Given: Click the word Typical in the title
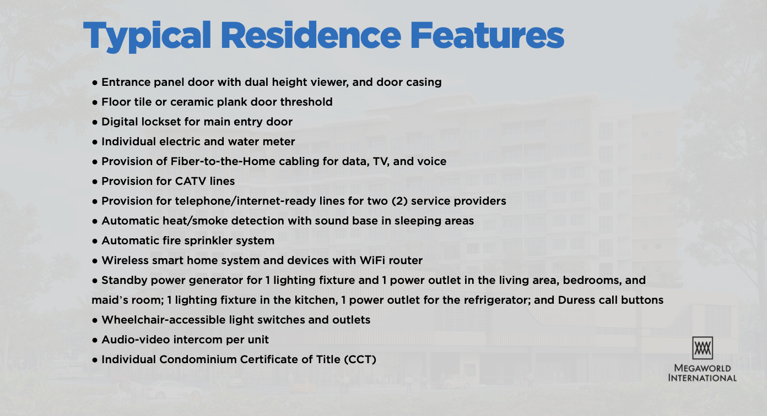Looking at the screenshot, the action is click(147, 36).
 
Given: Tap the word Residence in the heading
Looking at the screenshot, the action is click(311, 35).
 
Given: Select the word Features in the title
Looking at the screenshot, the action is click(487, 36).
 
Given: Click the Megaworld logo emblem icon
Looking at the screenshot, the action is click(703, 348).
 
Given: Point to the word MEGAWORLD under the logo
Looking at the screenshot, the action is click(703, 368).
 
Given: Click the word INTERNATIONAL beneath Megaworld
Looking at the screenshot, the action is click(703, 378).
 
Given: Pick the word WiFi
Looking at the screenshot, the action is click(372, 260).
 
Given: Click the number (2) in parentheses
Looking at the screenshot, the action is click(399, 201).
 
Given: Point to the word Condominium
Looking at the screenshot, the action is click(198, 360).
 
